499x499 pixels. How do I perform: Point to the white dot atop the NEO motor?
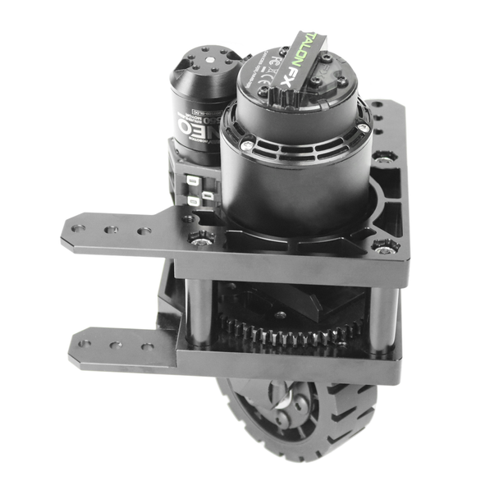pyautogui.click(x=211, y=62)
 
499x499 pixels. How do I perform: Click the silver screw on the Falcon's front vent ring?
pyautogui.click(x=245, y=145)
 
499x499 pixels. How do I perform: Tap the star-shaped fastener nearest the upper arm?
pyautogui.click(x=200, y=238)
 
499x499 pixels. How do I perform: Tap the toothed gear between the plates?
pyautogui.click(x=287, y=332)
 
